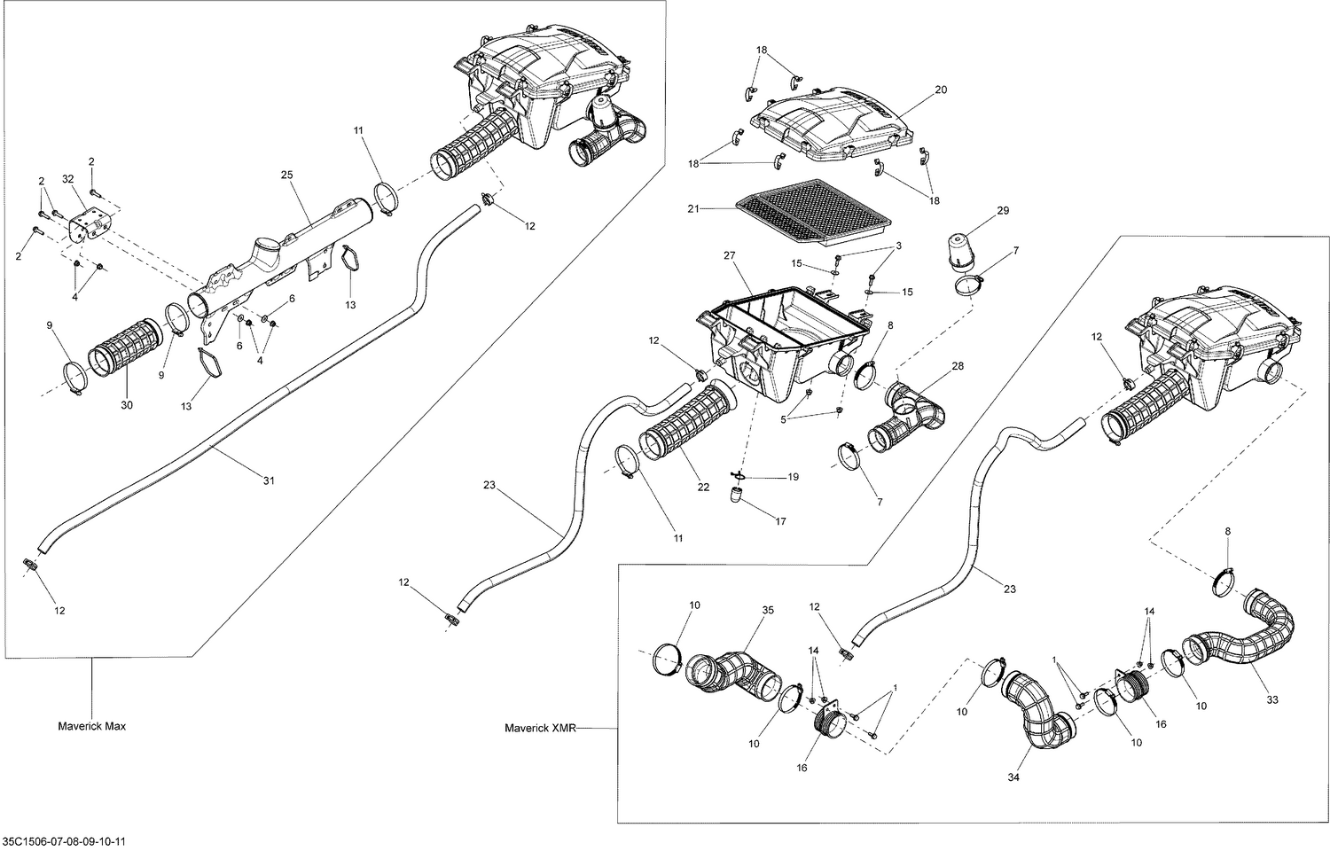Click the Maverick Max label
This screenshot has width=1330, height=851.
pyautogui.click(x=91, y=726)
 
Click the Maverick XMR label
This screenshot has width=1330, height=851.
pyautogui.click(x=540, y=729)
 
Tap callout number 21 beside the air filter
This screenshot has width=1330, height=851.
pyautogui.click(x=694, y=208)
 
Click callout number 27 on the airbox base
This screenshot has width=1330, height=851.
pyautogui.click(x=730, y=255)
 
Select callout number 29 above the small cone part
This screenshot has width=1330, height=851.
pyautogui.click(x=1003, y=210)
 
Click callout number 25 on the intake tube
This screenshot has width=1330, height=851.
pyautogui.click(x=286, y=175)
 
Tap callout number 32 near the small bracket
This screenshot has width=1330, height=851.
pyautogui.click(x=68, y=178)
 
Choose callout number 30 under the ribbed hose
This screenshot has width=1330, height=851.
pyautogui.click(x=127, y=405)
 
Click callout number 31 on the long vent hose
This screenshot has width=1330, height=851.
pyautogui.click(x=269, y=480)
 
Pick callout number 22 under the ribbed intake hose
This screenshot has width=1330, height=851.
pyautogui.click(x=703, y=487)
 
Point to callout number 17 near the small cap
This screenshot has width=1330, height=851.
pyautogui.click(x=780, y=522)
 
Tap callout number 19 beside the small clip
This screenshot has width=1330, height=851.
pyautogui.click(x=793, y=477)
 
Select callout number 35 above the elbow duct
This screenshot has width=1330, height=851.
pyautogui.click(x=768, y=611)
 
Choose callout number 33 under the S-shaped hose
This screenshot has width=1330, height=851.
pyautogui.click(x=1272, y=699)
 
